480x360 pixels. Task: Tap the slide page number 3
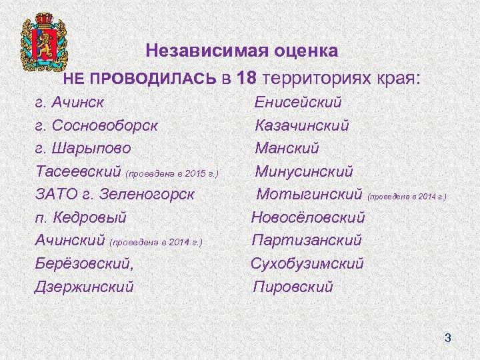448,339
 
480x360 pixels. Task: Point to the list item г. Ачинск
73,103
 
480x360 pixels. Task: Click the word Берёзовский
84,264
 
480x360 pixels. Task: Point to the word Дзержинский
84,287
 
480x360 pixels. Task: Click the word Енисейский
298,103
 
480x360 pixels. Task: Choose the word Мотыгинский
309,195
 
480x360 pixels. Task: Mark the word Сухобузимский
307,264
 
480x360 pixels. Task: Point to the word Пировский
293,287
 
